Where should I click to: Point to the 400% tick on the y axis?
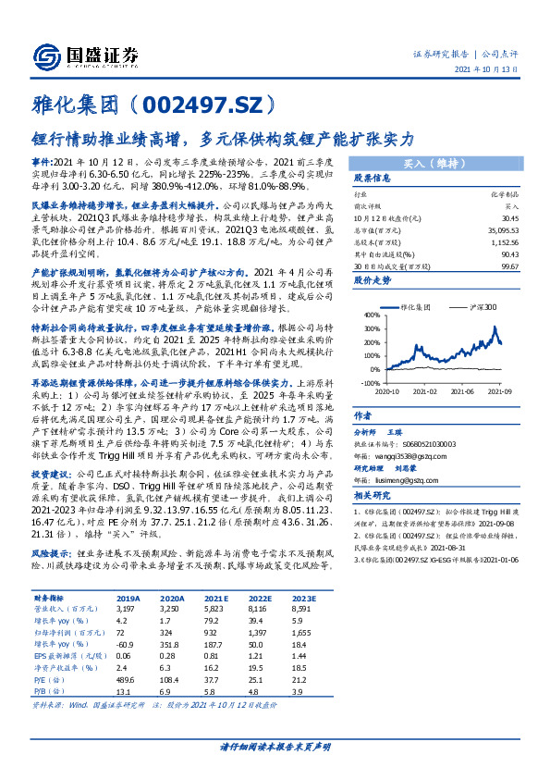pyautogui.click(x=369, y=315)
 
